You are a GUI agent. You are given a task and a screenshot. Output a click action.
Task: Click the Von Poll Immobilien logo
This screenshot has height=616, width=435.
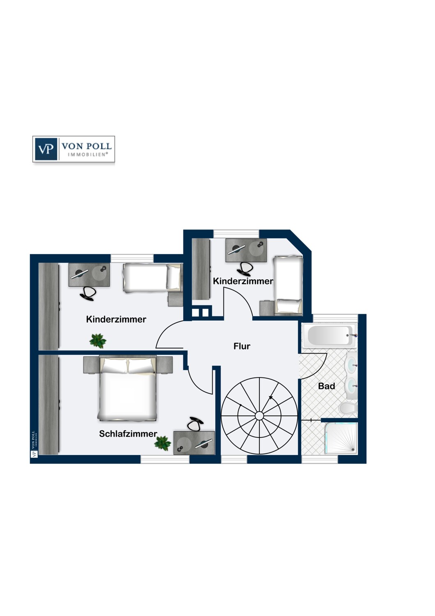(74, 149)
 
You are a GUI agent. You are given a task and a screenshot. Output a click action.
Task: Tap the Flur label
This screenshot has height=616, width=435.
(242, 346)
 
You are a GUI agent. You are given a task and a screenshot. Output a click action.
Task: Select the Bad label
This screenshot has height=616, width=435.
(327, 386)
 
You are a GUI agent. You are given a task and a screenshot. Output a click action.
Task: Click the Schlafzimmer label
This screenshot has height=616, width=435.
(128, 434)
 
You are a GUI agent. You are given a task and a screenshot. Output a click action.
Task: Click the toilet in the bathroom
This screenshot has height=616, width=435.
(348, 408)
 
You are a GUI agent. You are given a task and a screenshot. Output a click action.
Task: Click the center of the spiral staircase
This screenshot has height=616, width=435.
(259, 416)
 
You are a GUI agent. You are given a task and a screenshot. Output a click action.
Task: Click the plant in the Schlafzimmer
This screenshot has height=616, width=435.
(163, 443)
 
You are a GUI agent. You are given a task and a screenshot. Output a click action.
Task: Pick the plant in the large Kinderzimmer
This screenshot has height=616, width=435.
(98, 340)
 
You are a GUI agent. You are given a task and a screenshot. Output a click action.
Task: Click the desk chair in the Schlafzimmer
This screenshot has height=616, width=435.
(195, 423)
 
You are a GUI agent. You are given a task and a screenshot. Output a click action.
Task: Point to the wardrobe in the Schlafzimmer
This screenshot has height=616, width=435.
(48, 405)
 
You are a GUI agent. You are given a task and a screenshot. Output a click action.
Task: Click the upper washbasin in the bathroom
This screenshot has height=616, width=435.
(351, 364)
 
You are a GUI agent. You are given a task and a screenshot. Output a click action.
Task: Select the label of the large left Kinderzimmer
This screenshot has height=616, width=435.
(116, 319)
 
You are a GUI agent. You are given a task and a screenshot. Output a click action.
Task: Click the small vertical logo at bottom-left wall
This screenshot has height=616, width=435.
(34, 444)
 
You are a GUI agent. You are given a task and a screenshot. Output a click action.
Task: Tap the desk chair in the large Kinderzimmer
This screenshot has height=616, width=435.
(88, 293)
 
